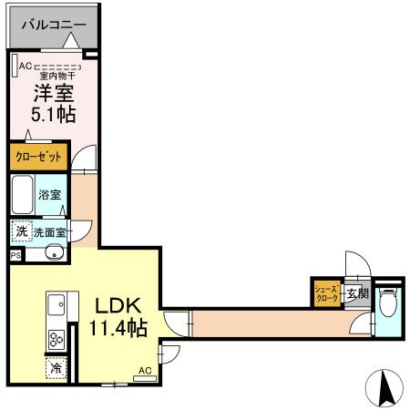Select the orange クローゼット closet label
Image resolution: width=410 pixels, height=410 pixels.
pyautogui.click(x=38, y=157)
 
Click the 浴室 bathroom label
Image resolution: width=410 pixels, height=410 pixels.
pyautogui.click(x=50, y=195)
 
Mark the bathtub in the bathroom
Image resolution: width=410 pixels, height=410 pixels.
pyautogui.click(x=24, y=195)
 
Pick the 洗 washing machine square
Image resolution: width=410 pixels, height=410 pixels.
pyautogui.click(x=21, y=232)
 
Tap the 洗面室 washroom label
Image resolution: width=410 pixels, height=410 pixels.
pyautogui.click(x=49, y=233)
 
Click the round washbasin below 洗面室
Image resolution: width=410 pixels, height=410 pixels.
pyautogui.click(x=53, y=252)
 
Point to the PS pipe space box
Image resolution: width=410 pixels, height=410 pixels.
pyautogui.click(x=15, y=256)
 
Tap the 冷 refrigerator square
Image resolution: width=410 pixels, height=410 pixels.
pyautogui.click(x=54, y=369)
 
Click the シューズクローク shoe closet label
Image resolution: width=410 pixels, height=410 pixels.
pyautogui.click(x=327, y=292)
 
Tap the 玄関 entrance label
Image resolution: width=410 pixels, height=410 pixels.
pyautogui.click(x=357, y=293)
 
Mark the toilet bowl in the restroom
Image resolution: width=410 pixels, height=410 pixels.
pyautogui.click(x=388, y=300)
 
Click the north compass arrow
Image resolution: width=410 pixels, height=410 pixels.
pyautogui.click(x=384, y=389)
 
